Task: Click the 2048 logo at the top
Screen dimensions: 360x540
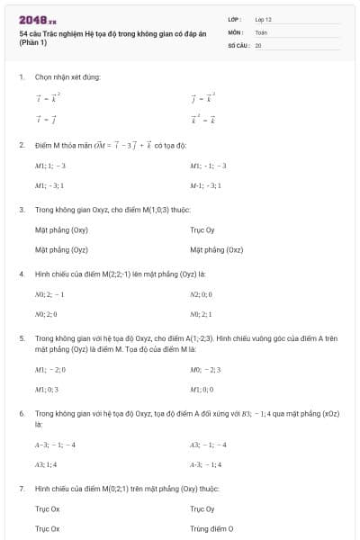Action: tap(38, 19)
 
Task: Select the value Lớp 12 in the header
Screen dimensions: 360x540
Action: tap(264, 19)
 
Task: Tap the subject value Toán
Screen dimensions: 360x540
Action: tap(261, 31)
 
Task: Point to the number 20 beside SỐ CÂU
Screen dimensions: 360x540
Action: tap(258, 44)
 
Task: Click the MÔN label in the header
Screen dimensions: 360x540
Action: tap(236, 31)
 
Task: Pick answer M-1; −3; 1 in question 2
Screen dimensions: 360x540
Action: tap(205, 184)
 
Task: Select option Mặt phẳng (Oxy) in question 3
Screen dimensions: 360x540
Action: tap(60, 230)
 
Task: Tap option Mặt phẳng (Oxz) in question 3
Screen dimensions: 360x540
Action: tap(216, 249)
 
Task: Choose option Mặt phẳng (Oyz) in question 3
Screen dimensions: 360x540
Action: tap(60, 249)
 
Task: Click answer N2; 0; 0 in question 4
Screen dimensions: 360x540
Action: tap(202, 294)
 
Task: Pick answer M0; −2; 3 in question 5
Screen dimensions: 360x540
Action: tap(205, 370)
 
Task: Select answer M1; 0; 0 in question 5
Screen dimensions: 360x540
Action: tap(202, 389)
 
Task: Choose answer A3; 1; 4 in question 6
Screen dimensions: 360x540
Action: tap(47, 464)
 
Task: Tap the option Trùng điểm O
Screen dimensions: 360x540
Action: tap(211, 529)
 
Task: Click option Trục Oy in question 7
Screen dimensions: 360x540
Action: tap(202, 509)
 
